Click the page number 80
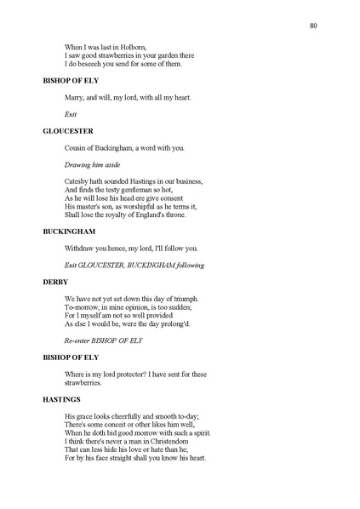click(x=314, y=26)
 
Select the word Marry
click(x=75, y=97)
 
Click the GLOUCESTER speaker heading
click(x=67, y=131)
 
